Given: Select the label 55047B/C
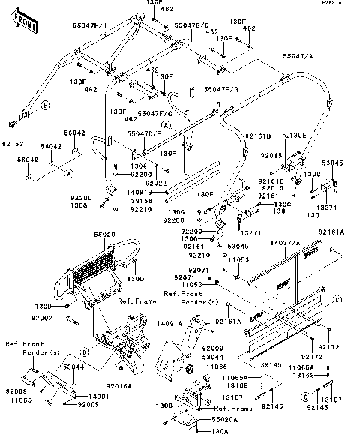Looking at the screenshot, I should click(x=191, y=25).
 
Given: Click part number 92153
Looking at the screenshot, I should click(x=12, y=141).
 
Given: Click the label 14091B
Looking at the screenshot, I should click(x=141, y=192).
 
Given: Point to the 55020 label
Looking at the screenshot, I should click(x=104, y=235).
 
